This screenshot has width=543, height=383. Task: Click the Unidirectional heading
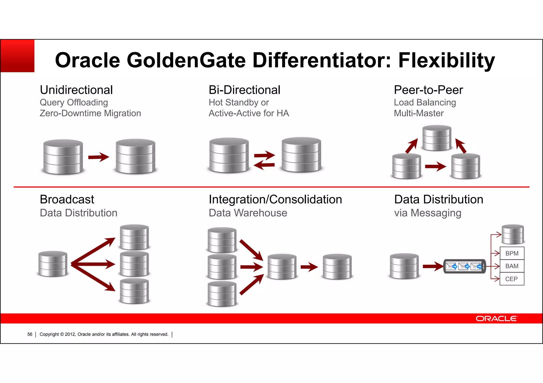click(x=76, y=90)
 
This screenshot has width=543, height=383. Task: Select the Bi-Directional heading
click(x=244, y=90)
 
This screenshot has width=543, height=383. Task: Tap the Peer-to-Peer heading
click(x=428, y=90)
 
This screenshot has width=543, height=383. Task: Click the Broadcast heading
click(x=67, y=199)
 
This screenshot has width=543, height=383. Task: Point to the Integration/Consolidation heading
click(x=275, y=199)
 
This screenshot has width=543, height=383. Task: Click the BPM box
click(x=512, y=253)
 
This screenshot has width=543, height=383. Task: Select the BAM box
click(x=512, y=266)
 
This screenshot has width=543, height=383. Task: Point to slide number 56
click(x=30, y=334)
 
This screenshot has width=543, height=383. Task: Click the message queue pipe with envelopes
click(x=465, y=266)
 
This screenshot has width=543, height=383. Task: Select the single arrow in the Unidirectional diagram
click(x=98, y=157)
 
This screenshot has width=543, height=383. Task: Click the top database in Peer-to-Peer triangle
click(x=437, y=138)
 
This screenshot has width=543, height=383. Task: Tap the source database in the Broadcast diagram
click(x=53, y=264)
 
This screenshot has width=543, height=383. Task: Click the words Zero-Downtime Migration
click(x=90, y=113)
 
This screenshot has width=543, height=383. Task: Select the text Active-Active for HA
click(x=249, y=113)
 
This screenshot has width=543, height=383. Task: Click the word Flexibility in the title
click(x=446, y=60)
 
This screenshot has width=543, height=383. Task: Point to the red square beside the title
click(x=17, y=56)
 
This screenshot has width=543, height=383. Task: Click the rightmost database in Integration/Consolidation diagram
click(x=337, y=266)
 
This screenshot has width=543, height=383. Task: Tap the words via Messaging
click(x=428, y=213)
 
